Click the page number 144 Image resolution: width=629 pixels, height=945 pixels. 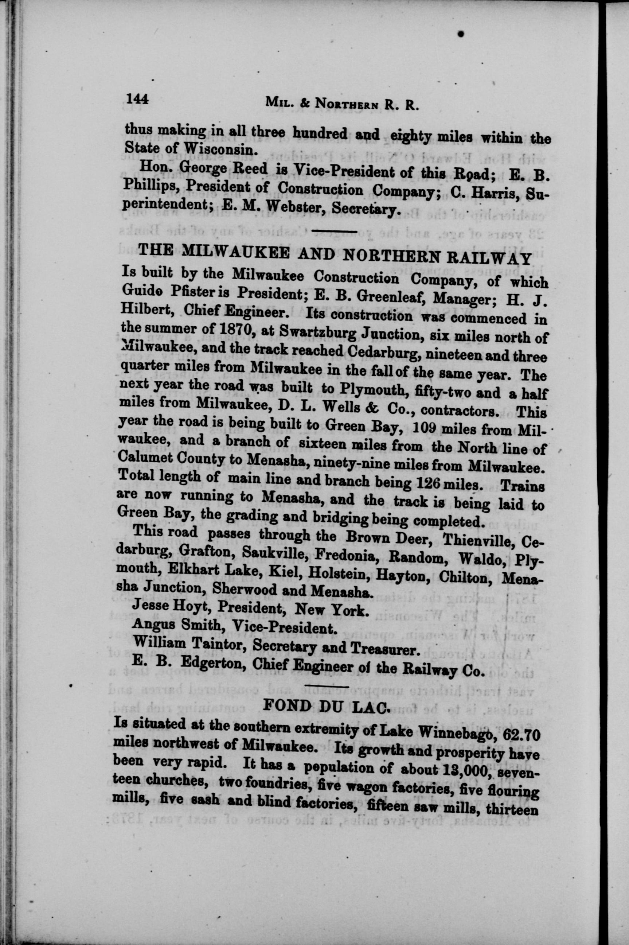pos(137,99)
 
